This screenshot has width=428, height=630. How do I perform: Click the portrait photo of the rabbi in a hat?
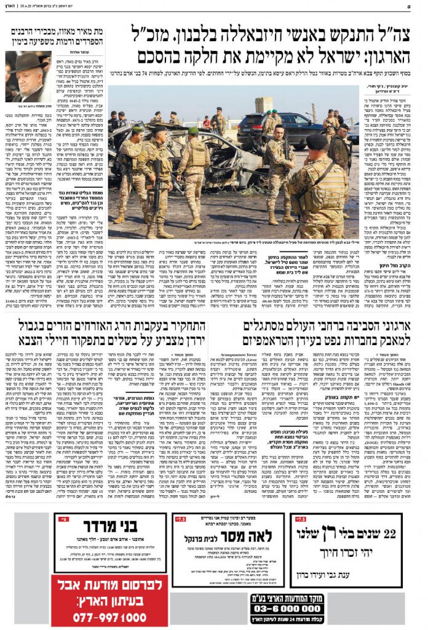tap(28, 76)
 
